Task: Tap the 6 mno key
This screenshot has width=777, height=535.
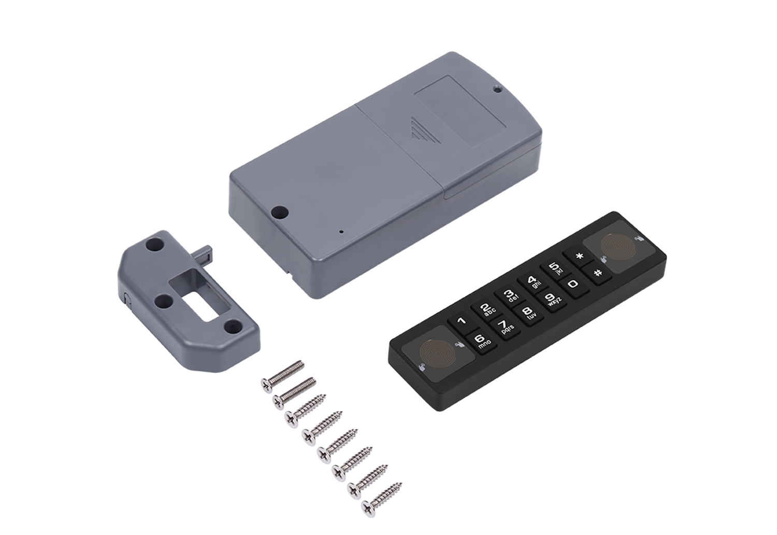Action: tap(481, 341)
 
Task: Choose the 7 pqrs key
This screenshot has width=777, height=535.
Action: tap(505, 327)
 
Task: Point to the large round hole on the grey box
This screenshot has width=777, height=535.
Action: tap(280, 212)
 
